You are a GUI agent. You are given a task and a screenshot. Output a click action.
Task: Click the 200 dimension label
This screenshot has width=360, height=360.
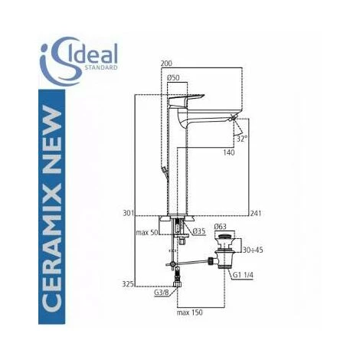click(x=166, y=64)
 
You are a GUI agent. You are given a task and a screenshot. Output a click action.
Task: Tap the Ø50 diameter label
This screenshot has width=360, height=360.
click(x=173, y=77)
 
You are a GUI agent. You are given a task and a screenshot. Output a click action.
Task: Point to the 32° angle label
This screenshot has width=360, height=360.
click(x=242, y=139)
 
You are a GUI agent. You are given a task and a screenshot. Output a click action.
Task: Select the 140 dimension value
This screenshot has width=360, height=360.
click(x=229, y=152)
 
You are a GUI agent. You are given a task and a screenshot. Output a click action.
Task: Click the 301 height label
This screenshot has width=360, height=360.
click(x=129, y=213)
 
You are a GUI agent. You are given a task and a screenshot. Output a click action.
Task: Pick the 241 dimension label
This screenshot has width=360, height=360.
click(x=256, y=213)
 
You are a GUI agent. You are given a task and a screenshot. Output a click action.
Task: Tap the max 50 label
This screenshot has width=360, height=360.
click(x=147, y=232)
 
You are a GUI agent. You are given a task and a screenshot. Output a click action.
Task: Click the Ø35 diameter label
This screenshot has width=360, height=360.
click(x=199, y=231)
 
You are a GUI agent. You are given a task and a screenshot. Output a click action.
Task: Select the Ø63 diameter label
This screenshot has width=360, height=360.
click(x=221, y=226)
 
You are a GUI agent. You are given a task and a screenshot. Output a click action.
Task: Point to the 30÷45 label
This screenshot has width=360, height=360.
click(x=253, y=250)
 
